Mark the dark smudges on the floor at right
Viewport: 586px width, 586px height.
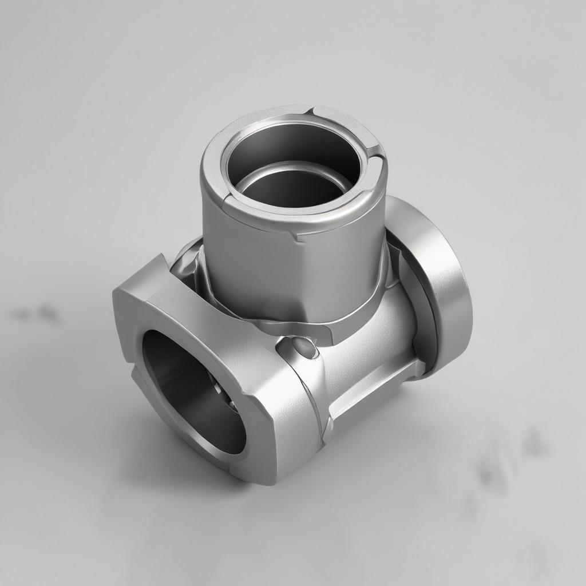tap(504, 464)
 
